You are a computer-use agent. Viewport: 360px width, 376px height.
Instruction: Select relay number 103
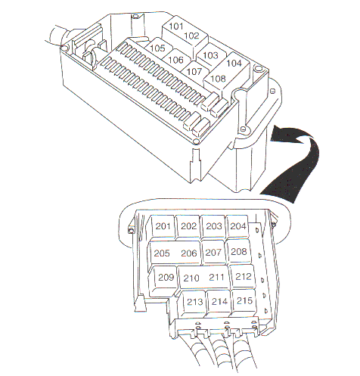click(210, 55)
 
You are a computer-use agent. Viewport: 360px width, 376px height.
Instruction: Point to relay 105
click(158, 48)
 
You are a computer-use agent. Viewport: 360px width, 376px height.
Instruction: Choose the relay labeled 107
click(194, 71)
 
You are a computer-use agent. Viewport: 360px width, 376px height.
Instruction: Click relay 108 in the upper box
click(218, 79)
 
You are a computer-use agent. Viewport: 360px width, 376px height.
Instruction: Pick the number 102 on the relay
click(192, 36)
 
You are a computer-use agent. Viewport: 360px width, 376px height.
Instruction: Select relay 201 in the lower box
click(163, 226)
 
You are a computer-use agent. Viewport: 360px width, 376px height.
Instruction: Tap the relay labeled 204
click(237, 226)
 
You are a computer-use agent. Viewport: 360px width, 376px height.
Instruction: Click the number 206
click(189, 253)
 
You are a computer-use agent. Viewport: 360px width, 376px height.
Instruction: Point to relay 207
click(213, 252)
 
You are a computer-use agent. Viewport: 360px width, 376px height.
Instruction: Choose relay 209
click(164, 278)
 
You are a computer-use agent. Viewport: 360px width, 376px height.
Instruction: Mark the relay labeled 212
click(243, 277)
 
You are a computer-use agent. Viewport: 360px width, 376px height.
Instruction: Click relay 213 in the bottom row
click(194, 302)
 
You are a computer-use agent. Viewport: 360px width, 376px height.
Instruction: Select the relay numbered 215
click(244, 301)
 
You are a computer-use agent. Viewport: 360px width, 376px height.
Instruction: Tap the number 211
click(216, 278)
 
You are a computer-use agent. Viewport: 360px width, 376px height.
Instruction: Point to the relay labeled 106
click(175, 60)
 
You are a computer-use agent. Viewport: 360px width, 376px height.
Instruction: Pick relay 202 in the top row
click(188, 226)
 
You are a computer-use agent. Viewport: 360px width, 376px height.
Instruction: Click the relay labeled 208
click(238, 252)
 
